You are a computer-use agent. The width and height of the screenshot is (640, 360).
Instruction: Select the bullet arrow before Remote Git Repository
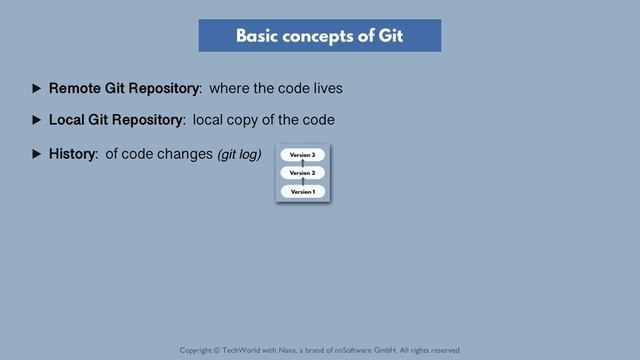point(37,88)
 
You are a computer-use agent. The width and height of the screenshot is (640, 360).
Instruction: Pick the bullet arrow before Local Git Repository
point(37,120)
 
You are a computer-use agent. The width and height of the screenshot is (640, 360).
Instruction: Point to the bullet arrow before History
point(37,154)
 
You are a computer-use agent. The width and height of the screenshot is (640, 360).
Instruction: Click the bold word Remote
point(74,88)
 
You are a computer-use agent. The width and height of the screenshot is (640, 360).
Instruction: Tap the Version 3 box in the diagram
point(302,155)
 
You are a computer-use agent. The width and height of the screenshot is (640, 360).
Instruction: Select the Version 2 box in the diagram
point(302,173)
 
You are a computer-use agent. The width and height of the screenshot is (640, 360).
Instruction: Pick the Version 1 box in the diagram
point(302,191)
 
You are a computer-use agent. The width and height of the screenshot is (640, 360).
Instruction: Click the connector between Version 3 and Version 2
point(302,164)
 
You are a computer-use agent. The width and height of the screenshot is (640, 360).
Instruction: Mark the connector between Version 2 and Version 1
point(302,182)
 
